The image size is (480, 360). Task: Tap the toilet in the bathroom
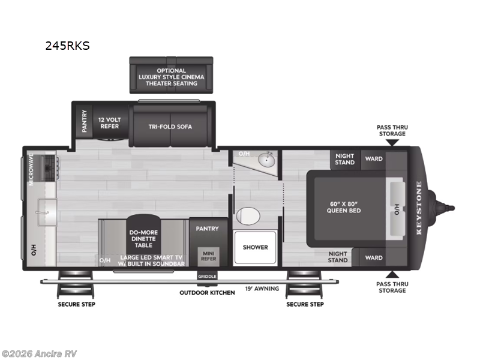(247, 215)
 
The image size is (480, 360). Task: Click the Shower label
(255, 247)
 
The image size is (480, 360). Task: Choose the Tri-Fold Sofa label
(170, 127)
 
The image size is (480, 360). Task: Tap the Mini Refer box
(209, 256)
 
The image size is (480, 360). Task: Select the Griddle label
(206, 276)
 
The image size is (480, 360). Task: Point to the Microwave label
(31, 170)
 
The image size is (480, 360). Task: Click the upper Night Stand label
(344, 160)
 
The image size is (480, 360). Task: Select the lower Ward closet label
(373, 258)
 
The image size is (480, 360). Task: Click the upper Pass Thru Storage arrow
(391, 142)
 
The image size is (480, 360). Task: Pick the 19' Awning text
(262, 289)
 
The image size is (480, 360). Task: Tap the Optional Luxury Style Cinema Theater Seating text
(171, 77)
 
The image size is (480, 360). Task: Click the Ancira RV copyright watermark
(39, 353)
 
